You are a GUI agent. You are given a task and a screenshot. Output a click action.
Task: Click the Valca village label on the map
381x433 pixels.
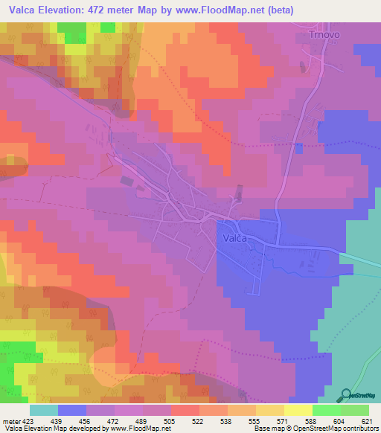(x=239, y=239)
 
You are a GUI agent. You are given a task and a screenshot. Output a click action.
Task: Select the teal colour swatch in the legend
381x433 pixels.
(x=44, y=410)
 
